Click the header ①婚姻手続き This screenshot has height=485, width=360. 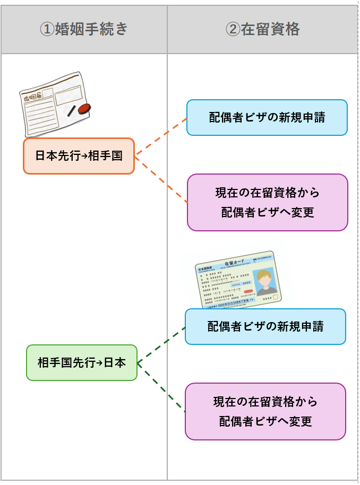[84, 29]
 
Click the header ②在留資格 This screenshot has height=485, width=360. [262, 29]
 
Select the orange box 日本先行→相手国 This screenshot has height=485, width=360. [79, 156]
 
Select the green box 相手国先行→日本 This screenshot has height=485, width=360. [82, 363]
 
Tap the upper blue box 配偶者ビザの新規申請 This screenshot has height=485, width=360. [267, 117]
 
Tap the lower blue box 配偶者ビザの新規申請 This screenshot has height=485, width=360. [265, 326]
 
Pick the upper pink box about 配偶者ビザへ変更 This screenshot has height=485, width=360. [267, 202]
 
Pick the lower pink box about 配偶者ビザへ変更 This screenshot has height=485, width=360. [265, 411]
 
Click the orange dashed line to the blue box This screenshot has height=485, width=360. [161, 137]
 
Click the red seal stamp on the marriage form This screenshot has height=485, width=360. [84, 109]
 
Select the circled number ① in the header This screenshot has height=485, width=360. [48, 29]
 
